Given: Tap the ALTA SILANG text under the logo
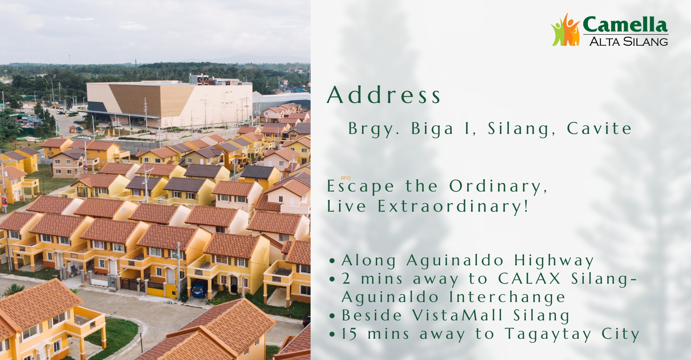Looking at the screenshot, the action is pyautogui.click(x=629, y=41).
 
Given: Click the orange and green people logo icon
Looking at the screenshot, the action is pyautogui.click(x=566, y=30).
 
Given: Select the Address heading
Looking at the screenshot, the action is pyautogui.click(x=384, y=95).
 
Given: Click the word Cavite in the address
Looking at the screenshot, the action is pyautogui.click(x=599, y=129).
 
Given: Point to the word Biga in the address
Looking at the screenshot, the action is pyautogui.click(x=432, y=129).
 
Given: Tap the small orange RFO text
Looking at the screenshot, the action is pyautogui.click(x=345, y=178).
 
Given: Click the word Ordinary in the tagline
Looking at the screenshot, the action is pyautogui.click(x=498, y=186).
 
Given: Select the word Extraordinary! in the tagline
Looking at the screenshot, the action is pyautogui.click(x=453, y=206).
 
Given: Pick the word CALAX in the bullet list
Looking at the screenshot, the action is pyautogui.click(x=529, y=279).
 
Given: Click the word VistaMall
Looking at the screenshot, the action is pyautogui.click(x=457, y=315).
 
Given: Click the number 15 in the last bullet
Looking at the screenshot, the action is pyautogui.click(x=349, y=334).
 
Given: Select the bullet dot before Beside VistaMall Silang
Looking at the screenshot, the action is pyautogui.click(x=332, y=316).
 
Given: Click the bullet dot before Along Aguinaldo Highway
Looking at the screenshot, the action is pyautogui.click(x=332, y=261).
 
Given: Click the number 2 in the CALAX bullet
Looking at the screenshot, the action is pyautogui.click(x=346, y=279).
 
